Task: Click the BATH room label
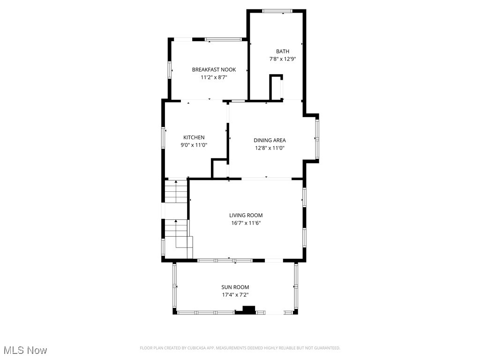(x=282, y=52)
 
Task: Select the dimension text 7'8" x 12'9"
(x=282, y=59)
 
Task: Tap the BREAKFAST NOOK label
(x=214, y=70)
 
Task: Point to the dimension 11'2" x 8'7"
(x=214, y=77)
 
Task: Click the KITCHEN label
(x=194, y=137)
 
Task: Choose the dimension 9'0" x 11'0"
(x=194, y=145)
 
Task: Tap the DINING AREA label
(x=270, y=140)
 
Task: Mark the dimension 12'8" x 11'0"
(x=270, y=148)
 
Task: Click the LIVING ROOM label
(x=246, y=216)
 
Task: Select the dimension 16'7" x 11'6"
(x=246, y=223)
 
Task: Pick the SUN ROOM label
(x=235, y=287)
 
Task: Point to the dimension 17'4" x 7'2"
(x=235, y=295)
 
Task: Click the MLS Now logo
(x=25, y=350)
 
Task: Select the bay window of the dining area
(x=317, y=139)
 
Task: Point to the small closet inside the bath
(x=276, y=88)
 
